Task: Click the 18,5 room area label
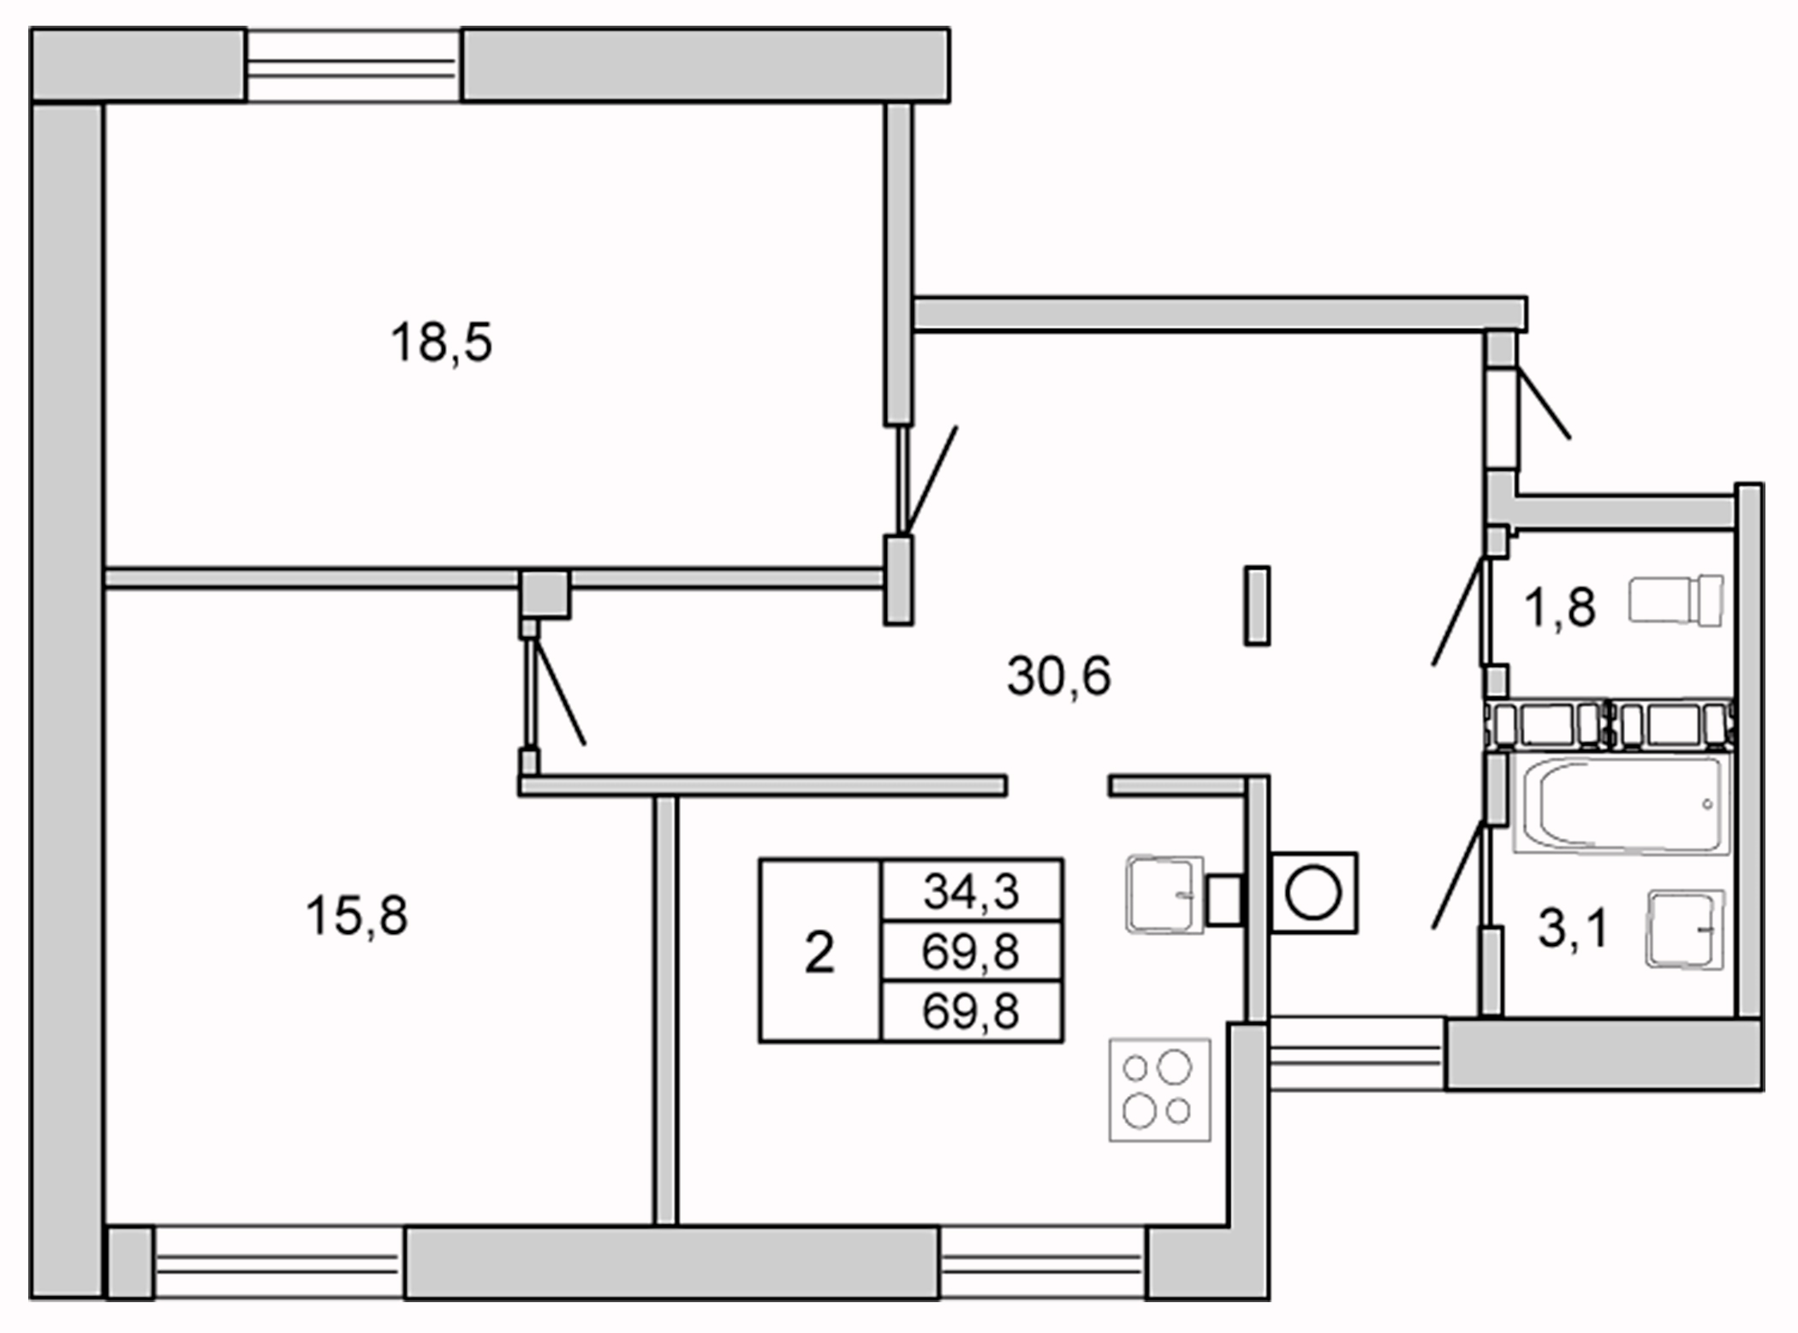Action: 441,342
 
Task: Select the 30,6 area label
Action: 1058,675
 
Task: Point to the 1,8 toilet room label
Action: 1559,608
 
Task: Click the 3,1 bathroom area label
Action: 1573,929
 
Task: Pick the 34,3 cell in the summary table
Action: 971,891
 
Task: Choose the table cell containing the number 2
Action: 819,952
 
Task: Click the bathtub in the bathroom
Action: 1616,804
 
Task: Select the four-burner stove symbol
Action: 1159,1090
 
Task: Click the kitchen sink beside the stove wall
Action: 1164,895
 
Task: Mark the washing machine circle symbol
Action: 1313,892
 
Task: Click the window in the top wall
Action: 353,66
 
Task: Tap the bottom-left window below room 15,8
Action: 278,1262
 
